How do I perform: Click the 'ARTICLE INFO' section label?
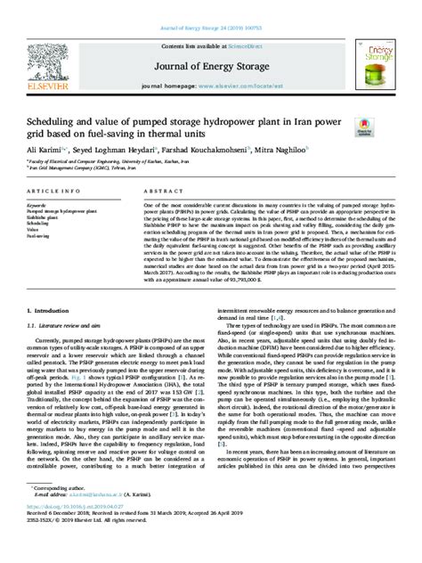[x=54, y=192]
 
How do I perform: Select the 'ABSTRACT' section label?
[x=160, y=192]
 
